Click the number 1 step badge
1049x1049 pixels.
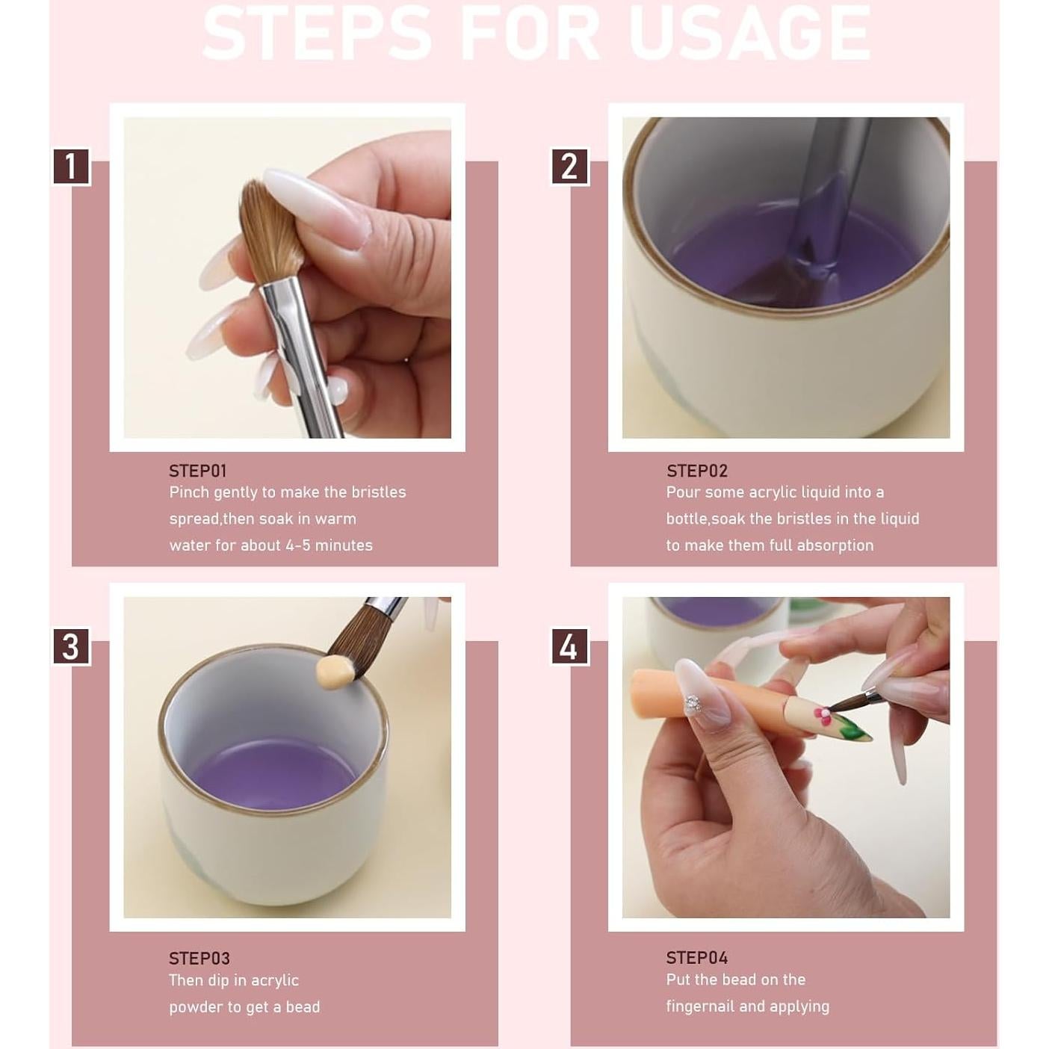71,166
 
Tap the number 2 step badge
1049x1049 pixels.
569,166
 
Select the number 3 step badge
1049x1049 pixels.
71,646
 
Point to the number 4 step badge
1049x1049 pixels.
569,646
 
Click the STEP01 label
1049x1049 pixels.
197,471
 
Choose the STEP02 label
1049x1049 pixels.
696,471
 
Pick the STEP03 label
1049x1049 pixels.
199,958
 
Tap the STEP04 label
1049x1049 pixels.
696,957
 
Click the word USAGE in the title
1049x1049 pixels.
749,34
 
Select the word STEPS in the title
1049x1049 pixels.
317,34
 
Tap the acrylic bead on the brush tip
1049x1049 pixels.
334,672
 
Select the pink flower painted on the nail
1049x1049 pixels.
823,715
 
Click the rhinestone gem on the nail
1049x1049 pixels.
693,702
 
